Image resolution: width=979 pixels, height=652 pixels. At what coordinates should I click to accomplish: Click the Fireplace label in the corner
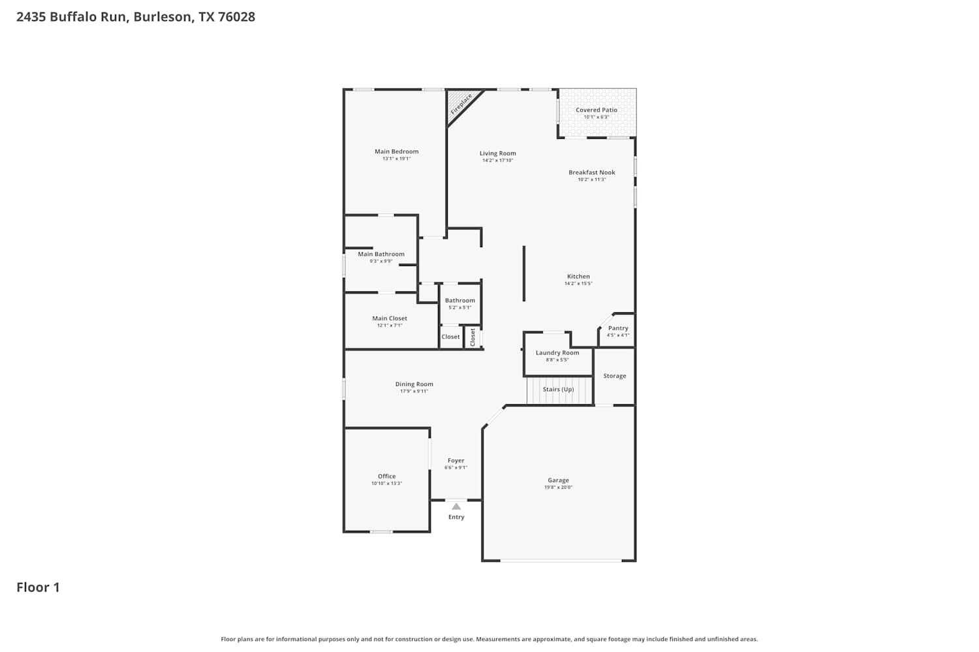(x=461, y=104)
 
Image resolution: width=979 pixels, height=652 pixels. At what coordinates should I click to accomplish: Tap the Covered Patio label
(x=596, y=110)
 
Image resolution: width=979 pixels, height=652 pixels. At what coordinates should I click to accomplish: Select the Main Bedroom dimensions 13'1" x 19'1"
(x=396, y=158)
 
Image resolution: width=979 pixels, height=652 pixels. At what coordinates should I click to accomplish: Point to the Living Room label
(x=498, y=153)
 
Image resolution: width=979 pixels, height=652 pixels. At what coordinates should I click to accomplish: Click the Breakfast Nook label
(x=592, y=173)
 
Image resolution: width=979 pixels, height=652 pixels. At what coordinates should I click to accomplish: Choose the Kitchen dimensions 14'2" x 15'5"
(x=578, y=284)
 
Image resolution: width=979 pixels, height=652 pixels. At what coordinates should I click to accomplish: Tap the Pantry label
(x=618, y=328)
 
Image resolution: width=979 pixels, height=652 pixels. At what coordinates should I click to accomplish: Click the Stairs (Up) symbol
(x=559, y=390)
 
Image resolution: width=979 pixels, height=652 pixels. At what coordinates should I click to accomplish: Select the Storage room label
(x=615, y=376)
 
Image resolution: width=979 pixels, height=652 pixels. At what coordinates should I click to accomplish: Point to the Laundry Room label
(x=557, y=353)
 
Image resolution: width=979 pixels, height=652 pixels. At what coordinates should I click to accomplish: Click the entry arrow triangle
(x=456, y=507)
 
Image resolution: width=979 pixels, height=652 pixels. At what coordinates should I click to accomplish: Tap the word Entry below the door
(x=456, y=517)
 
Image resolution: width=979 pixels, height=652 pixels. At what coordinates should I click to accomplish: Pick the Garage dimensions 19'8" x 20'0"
(x=558, y=487)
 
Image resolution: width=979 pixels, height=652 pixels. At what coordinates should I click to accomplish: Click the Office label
(x=387, y=477)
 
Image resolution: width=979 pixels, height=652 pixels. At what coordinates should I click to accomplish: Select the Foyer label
(x=456, y=461)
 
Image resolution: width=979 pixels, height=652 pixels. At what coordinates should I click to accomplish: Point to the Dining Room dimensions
(x=414, y=391)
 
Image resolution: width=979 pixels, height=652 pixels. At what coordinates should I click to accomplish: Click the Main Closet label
(x=390, y=318)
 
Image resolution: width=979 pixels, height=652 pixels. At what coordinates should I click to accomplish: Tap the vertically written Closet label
(x=473, y=338)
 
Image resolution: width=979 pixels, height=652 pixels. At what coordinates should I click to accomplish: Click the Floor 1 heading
(x=38, y=587)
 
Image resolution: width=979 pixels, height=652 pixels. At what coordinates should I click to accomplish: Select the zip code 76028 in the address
(x=236, y=16)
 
